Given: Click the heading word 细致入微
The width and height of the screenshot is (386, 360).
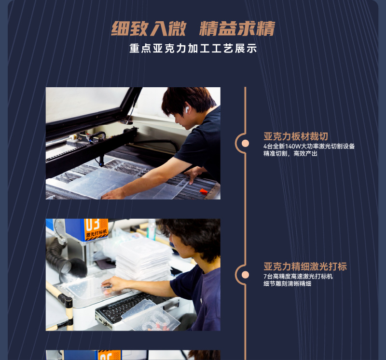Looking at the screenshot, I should click(148, 28).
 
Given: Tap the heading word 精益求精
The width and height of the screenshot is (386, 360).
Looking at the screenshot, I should click(237, 28).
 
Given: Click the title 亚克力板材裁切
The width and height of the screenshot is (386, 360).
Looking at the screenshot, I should click(295, 136).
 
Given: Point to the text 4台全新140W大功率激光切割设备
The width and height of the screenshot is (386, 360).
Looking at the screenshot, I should click(309, 146).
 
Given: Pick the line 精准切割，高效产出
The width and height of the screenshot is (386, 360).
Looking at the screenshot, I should click(290, 154).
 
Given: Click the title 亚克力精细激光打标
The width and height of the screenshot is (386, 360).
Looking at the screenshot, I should click(305, 267).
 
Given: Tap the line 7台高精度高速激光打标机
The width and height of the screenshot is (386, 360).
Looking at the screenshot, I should click(298, 277).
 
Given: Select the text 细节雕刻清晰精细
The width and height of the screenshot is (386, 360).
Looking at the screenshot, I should click(287, 284).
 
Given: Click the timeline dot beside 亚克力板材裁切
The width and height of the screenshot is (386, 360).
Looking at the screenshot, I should click(245, 143).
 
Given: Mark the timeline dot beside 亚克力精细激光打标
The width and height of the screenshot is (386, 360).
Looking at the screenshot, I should click(245, 274).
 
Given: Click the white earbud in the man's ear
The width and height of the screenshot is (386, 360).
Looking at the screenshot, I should click(186, 109).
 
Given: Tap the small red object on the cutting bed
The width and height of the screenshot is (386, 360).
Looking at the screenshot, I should click(204, 191).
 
